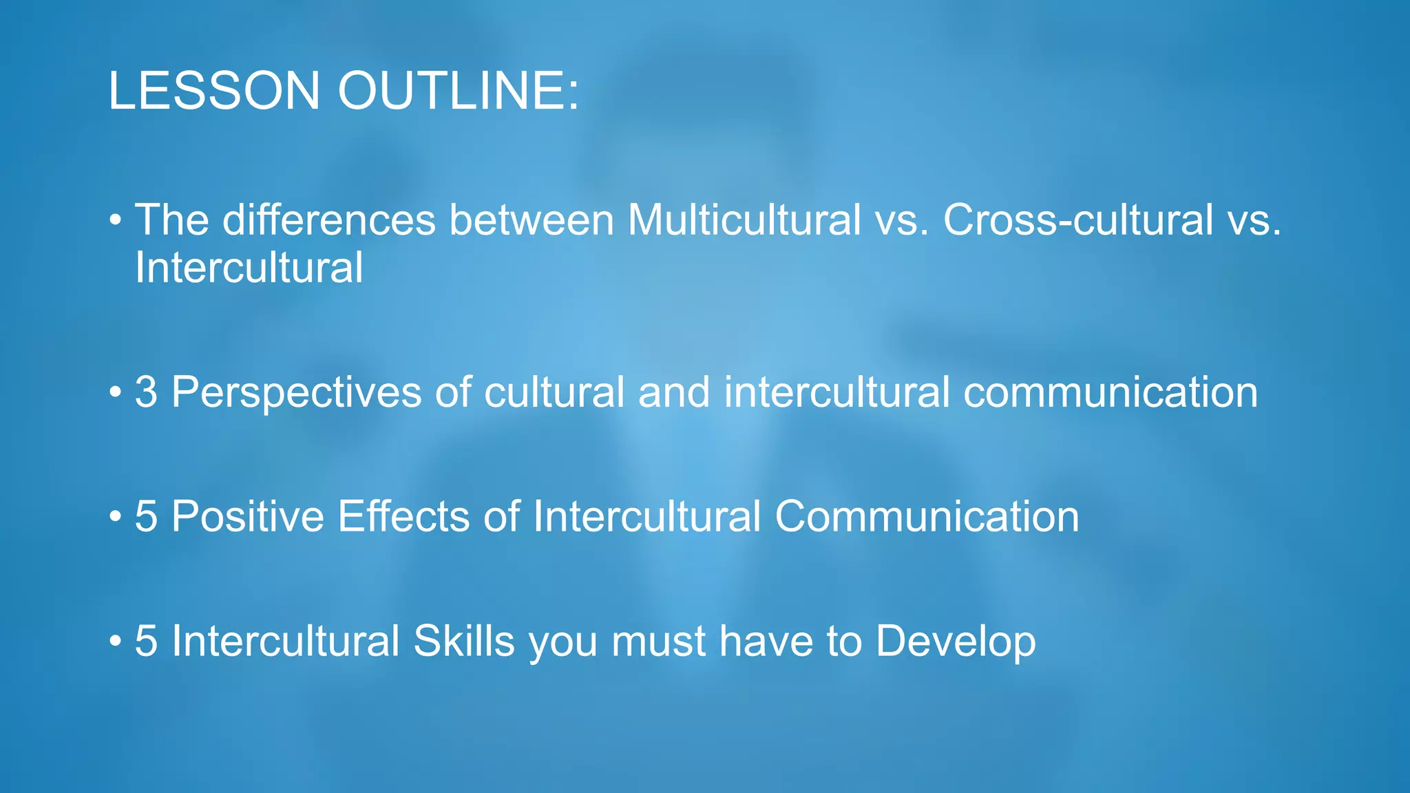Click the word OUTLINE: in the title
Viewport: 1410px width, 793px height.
(459, 90)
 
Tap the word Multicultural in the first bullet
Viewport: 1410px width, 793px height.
(744, 220)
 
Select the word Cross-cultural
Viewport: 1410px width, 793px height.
(1077, 220)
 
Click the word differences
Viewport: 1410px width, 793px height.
(329, 220)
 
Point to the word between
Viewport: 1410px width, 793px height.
(531, 220)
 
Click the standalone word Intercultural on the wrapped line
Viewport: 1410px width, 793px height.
(249, 268)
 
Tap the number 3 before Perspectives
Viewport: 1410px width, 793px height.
(146, 392)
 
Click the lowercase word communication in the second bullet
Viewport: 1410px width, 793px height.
(1110, 392)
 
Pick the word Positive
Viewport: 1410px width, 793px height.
(247, 516)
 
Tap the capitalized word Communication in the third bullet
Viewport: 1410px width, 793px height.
(927, 516)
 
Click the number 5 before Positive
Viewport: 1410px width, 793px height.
(146, 516)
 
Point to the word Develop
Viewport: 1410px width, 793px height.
(955, 642)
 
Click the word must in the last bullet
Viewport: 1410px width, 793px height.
(658, 641)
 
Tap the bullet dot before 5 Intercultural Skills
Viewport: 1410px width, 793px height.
(115, 642)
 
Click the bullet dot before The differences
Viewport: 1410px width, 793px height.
(115, 221)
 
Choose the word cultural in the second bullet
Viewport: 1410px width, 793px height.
(554, 392)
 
